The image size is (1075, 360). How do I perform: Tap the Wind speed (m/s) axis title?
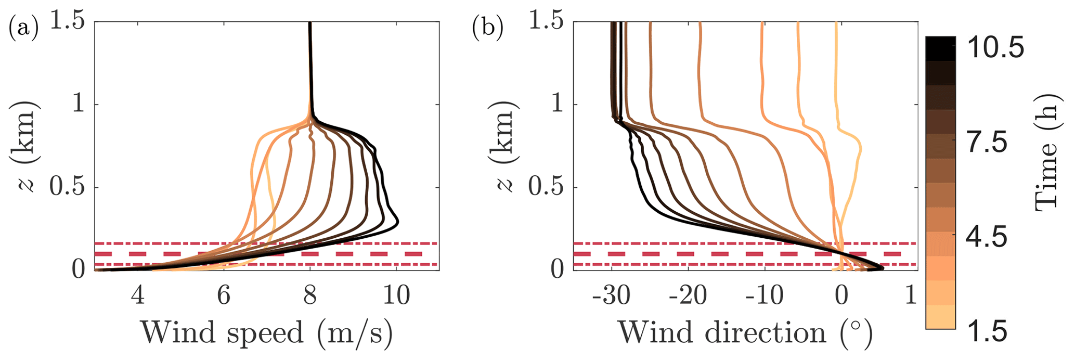(266, 332)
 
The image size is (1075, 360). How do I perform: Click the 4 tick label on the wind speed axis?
(138, 296)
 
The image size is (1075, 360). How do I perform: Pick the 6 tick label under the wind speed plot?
(224, 296)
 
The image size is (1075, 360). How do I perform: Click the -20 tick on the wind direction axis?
(689, 296)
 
